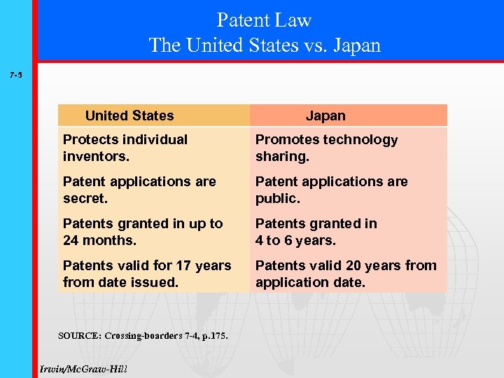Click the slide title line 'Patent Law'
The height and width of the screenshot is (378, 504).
tap(264, 20)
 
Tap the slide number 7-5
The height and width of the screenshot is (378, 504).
tap(15, 73)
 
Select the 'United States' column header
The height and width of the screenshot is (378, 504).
tap(129, 115)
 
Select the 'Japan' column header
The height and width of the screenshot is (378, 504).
tap(325, 115)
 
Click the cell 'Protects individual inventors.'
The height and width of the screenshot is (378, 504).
tap(125, 148)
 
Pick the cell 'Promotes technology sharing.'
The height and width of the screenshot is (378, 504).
tap(326, 148)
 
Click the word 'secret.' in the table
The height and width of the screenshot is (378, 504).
tap(83, 198)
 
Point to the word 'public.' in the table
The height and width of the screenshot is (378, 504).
tap(277, 198)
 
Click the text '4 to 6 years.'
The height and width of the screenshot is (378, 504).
tap(295, 240)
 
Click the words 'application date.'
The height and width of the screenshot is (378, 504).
tap(310, 282)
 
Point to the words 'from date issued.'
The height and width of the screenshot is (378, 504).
tap(120, 282)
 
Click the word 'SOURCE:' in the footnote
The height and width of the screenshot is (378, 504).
tap(79, 336)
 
